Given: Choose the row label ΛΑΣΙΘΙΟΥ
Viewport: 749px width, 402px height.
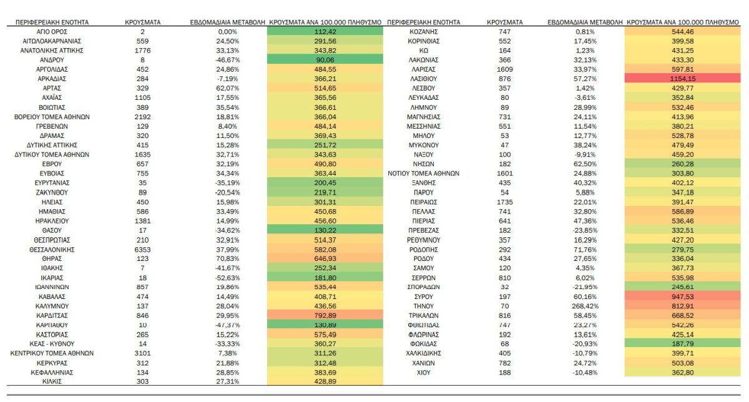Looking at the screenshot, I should [x=423, y=79].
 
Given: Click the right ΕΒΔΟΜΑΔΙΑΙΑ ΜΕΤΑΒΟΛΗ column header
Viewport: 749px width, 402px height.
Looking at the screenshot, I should [x=585, y=22].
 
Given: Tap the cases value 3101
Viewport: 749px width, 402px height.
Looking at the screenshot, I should [x=143, y=353].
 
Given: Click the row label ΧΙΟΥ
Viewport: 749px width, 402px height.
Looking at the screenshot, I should [x=423, y=373].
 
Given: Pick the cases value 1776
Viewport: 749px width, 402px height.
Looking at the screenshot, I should [x=143, y=50].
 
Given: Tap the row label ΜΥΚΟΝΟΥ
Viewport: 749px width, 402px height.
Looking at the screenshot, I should [x=423, y=145].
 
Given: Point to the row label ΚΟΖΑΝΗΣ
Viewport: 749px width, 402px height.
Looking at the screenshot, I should [x=423, y=31].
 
